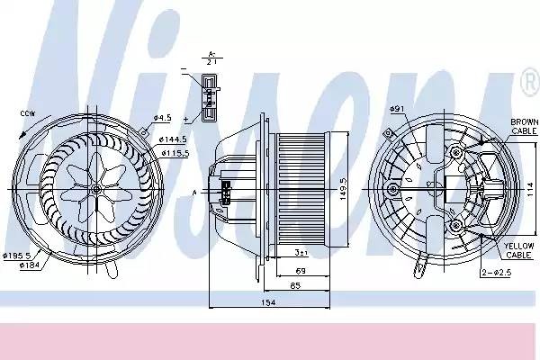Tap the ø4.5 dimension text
(162, 118)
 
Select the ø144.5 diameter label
(175, 140)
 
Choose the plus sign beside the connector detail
(185, 118)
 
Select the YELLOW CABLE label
(519, 250)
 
